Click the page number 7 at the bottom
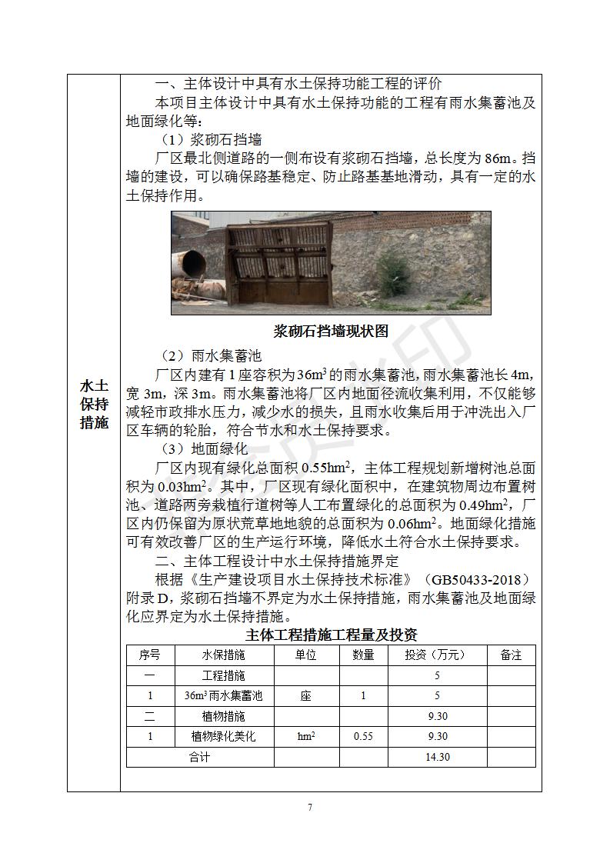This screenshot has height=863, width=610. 309,807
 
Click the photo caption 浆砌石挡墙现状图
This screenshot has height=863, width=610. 331,332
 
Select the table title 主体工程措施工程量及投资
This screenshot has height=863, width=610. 331,635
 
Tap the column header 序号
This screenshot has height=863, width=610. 150,655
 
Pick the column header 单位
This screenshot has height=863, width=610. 306,655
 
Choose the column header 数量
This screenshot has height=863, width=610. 363,655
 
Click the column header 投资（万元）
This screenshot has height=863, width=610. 436,655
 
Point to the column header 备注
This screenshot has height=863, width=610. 511,655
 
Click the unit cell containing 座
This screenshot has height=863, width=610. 306,696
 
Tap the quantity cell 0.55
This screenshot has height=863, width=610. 363,737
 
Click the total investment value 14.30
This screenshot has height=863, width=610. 437,758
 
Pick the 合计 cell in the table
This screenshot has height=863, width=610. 199,758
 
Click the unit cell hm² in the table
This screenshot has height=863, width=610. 306,737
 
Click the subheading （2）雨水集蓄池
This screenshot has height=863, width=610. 212,356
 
